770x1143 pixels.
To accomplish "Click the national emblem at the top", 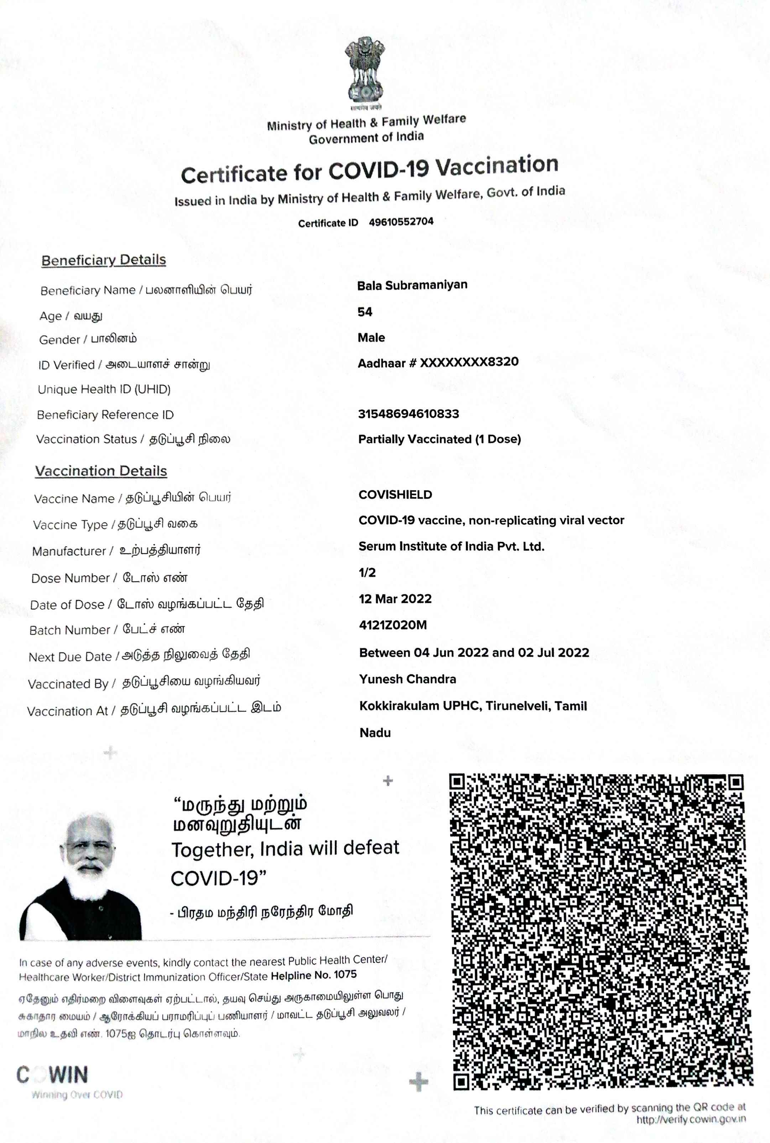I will pos(365,71).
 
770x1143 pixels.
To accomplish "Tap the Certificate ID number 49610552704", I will pos(401,221).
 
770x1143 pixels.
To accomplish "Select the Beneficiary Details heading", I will pos(104,260).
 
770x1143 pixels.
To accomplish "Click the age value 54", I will pos(365,312).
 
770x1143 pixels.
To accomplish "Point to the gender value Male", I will pos(371,338).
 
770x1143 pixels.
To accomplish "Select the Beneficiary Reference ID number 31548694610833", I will pos(409,414).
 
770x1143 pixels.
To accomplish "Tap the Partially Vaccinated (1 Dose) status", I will pos(439,439).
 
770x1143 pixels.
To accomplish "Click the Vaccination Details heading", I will pos(101,471).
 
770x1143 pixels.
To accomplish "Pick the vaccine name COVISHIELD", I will pos(395,495).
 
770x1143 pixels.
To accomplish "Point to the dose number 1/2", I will pos(367,573).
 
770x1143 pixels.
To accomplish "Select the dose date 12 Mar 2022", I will pos(395,599).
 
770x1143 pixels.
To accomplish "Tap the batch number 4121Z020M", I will pos(393,625).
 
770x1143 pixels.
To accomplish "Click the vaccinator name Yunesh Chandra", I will pos(407,679).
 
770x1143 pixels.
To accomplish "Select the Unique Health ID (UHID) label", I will pos(104,390).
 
